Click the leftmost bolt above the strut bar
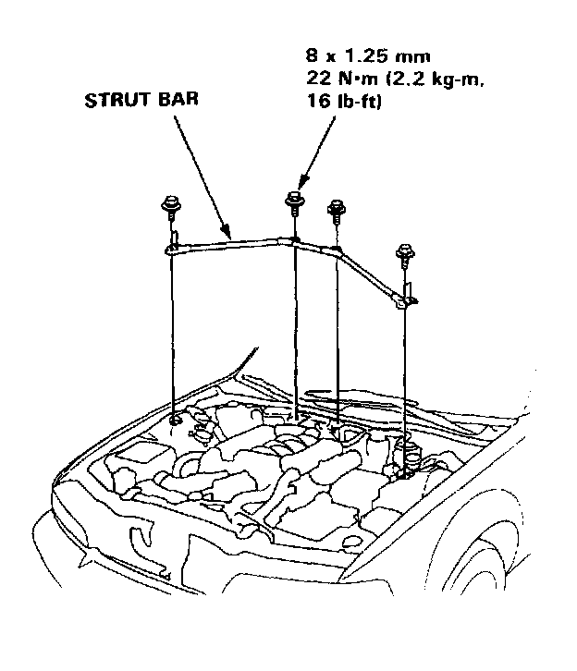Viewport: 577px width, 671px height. coord(172,209)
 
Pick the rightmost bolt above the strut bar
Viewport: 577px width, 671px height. coord(403,252)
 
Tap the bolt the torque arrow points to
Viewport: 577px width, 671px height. coord(294,201)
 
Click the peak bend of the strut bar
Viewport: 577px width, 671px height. coord(294,240)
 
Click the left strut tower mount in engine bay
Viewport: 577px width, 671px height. coord(178,421)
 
